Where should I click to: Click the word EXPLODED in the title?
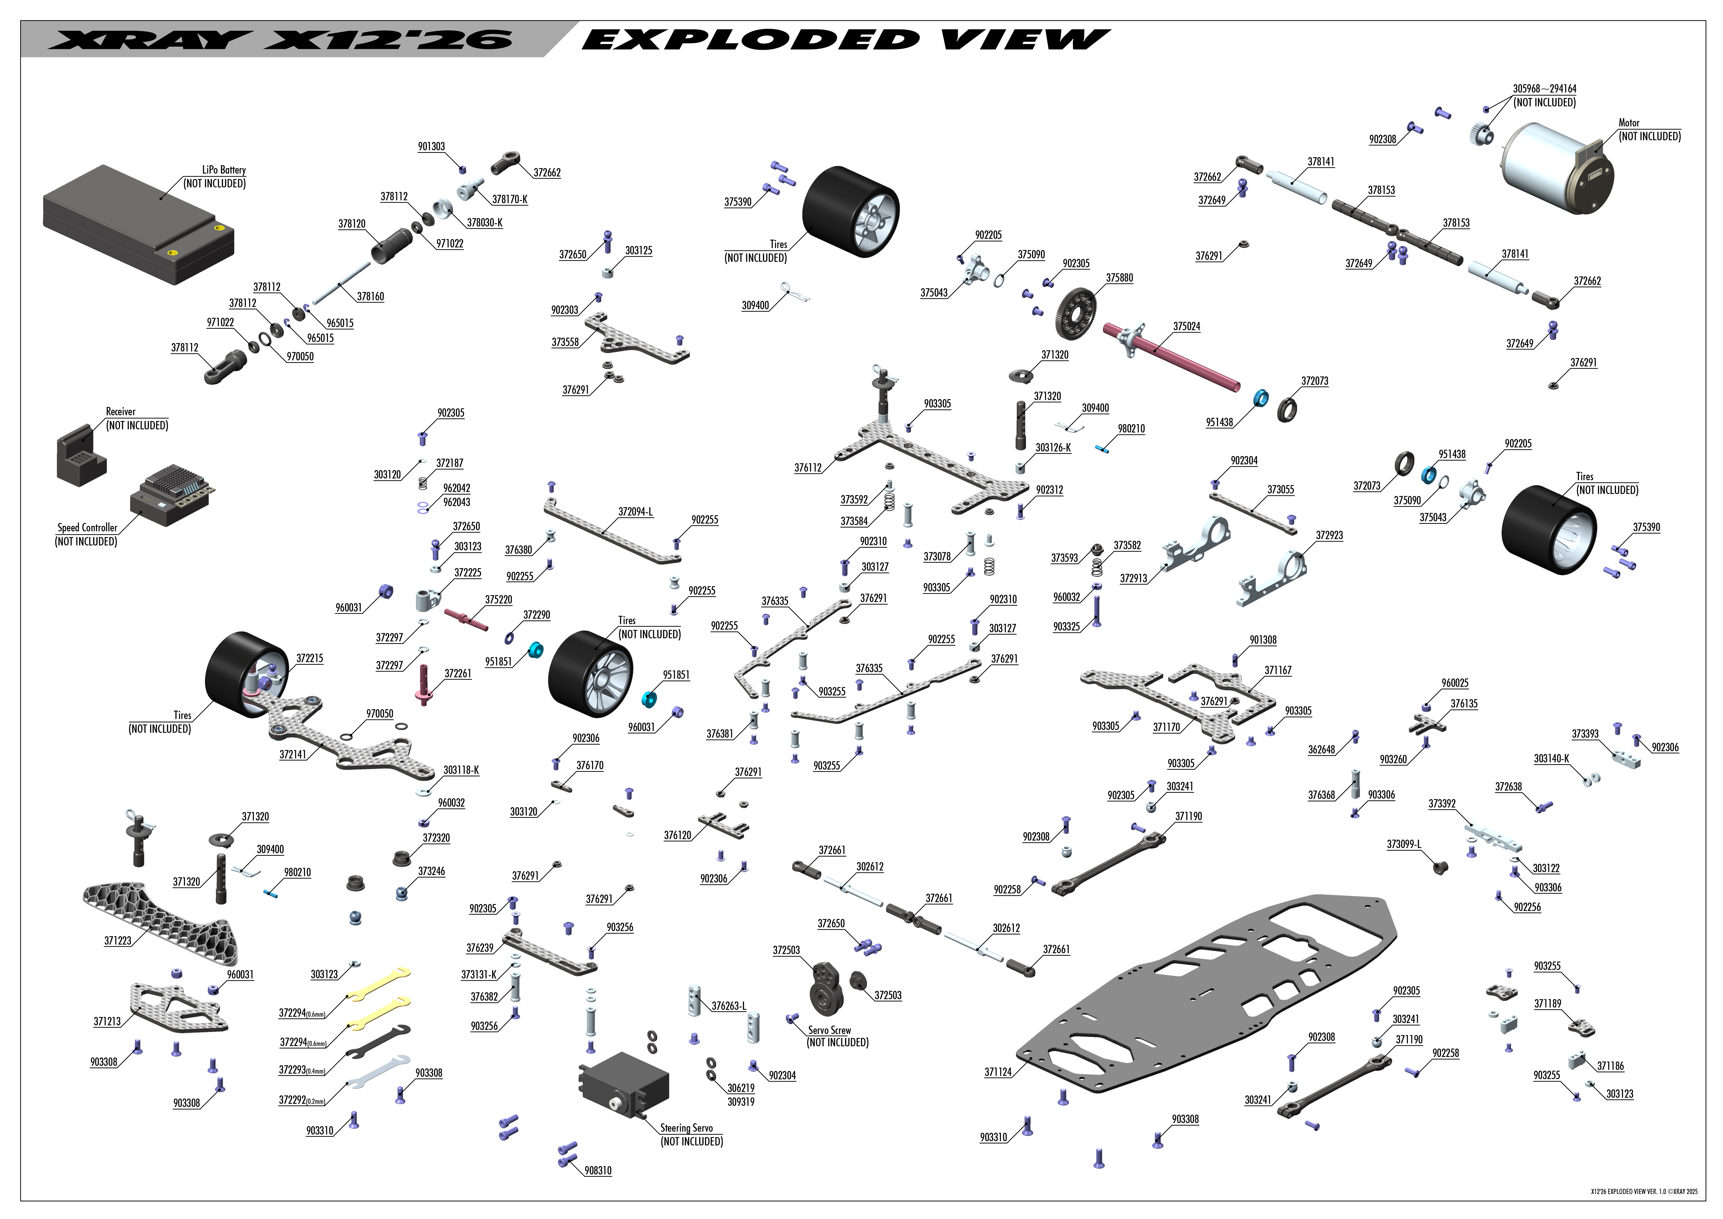(750, 39)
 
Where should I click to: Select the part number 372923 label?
(1329, 535)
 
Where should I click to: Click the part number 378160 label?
(370, 297)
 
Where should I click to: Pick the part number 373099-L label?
(1403, 845)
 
